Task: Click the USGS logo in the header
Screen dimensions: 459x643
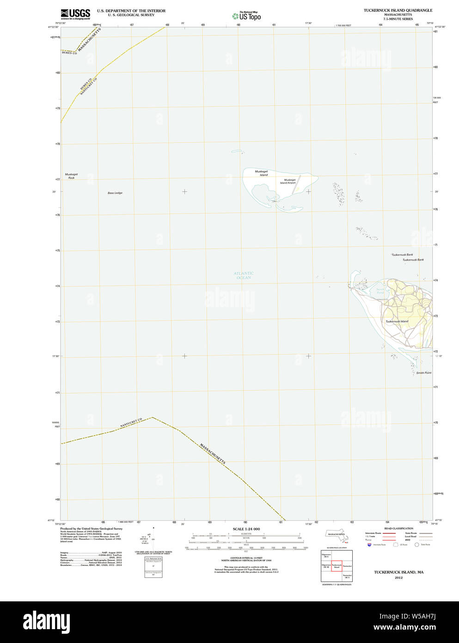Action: pos(75,14)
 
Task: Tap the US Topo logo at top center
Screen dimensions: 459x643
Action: pos(247,16)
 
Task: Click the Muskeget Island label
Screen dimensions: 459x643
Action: pos(262,173)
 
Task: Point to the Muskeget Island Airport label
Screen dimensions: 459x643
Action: pos(289,181)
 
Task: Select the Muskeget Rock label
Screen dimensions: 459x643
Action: pos(71,176)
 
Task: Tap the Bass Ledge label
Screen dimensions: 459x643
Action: pos(115,193)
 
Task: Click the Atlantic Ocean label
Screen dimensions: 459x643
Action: pos(244,275)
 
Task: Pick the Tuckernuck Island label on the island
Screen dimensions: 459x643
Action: pos(397,321)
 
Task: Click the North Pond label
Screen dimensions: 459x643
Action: pos(380,291)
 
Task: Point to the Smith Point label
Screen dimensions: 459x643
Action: pos(423,373)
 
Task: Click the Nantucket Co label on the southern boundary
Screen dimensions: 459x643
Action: pos(131,422)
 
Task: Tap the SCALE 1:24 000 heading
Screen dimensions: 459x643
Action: pos(246,529)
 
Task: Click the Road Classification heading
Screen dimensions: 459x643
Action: pos(398,528)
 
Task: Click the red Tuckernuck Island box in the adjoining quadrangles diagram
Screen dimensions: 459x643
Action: pos(337,566)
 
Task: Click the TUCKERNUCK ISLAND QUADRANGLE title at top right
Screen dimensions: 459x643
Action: pos(398,10)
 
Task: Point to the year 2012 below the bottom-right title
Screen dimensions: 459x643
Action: pos(398,577)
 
